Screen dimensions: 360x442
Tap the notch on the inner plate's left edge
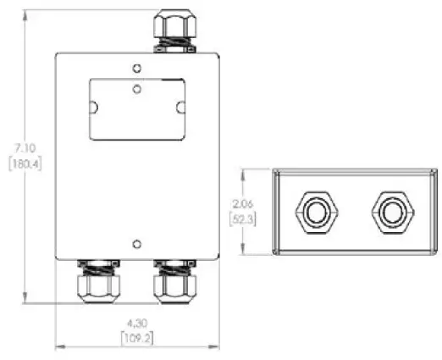point(94,108)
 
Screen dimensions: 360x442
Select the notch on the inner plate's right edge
point(180,108)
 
